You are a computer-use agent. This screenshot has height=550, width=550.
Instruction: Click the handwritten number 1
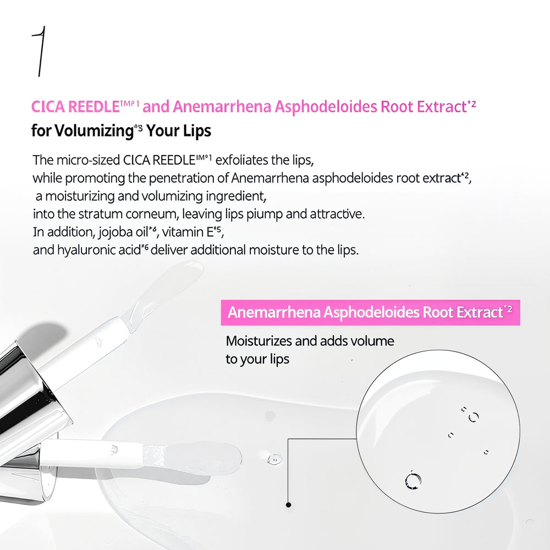coord(39,53)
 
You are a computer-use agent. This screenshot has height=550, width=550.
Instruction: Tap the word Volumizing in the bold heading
coord(94,132)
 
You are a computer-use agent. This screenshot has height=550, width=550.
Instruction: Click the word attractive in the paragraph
coord(332,213)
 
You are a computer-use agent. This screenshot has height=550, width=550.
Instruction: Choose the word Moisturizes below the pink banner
coord(258,341)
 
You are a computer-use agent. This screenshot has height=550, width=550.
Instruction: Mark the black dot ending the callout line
coord(288,504)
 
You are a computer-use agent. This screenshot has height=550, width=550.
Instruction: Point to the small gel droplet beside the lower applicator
coord(273,458)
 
